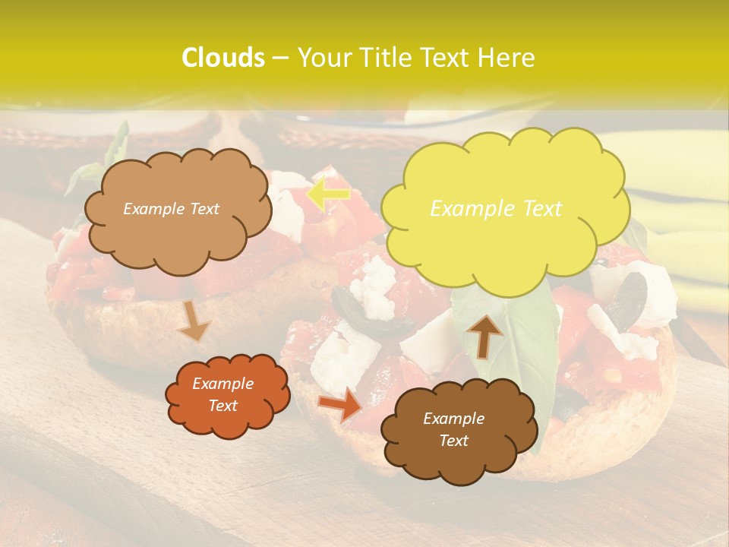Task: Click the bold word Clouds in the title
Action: pyautogui.click(x=222, y=58)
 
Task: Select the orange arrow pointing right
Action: pyautogui.click(x=341, y=404)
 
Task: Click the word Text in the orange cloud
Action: pyautogui.click(x=223, y=406)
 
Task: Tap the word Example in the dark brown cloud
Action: pyautogui.click(x=453, y=419)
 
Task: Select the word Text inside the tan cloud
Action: pyautogui.click(x=203, y=209)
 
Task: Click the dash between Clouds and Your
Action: pyautogui.click(x=280, y=58)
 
